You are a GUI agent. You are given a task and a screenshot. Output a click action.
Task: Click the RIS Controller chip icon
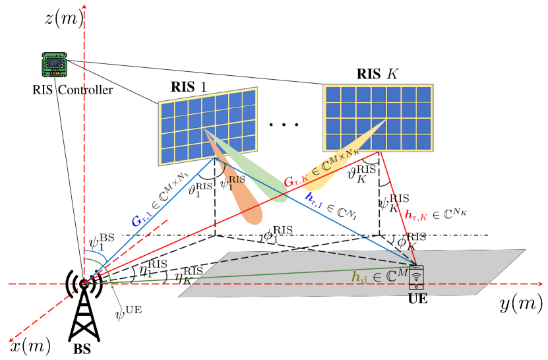pyautogui.click(x=55, y=65)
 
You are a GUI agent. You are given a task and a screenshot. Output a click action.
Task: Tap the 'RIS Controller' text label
pyautogui.click(x=73, y=90)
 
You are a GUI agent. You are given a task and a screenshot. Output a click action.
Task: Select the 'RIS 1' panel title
pyautogui.click(x=189, y=86)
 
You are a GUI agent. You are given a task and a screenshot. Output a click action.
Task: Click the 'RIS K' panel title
pyautogui.click(x=377, y=74)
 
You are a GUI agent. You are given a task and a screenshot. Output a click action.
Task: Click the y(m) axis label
pyautogui.click(x=521, y=305)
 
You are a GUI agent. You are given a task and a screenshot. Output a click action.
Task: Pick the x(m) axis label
pyautogui.click(x=30, y=346)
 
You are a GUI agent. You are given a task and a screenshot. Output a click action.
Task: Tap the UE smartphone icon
pyautogui.click(x=416, y=278)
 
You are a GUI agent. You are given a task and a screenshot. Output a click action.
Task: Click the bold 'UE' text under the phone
pyautogui.click(x=417, y=299)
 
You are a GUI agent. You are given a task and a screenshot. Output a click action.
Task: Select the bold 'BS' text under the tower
pyautogui.click(x=82, y=349)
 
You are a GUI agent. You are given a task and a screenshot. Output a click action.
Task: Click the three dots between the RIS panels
pyautogui.click(x=284, y=125)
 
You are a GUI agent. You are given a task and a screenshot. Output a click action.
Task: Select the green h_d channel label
pyautogui.click(x=379, y=276)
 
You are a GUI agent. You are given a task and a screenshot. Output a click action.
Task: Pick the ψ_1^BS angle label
pyautogui.click(x=102, y=242)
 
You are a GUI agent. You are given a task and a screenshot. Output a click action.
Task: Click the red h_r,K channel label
pyautogui.click(x=436, y=214)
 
